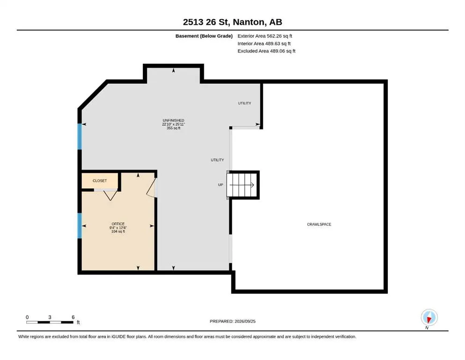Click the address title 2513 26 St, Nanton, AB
point(232,22)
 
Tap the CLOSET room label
point(100,181)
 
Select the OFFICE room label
point(118,224)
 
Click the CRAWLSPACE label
point(319,225)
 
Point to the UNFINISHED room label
point(173,120)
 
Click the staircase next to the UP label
point(242,185)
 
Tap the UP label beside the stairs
point(221,185)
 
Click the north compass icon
point(429,317)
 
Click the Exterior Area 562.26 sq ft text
point(265,36)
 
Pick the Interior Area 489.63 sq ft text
point(264,43)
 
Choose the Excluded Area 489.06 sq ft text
point(266,51)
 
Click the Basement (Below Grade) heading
point(204,36)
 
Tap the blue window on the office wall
point(80,225)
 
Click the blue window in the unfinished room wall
point(80,136)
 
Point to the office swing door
point(152,187)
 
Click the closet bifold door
point(110,195)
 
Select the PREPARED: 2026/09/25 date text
point(232,321)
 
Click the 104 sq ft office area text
point(118,232)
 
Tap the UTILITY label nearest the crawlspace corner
point(244,103)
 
